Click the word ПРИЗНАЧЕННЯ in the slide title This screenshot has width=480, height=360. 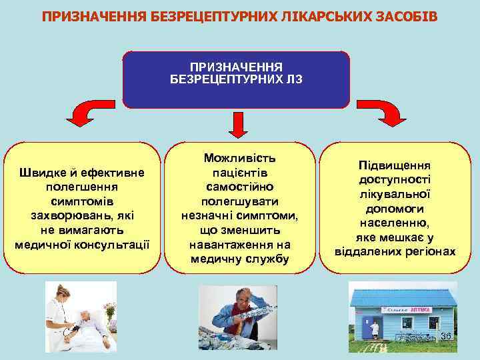[86, 15]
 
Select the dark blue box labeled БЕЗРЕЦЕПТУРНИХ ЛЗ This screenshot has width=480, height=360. [237, 79]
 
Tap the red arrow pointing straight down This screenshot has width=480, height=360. [238, 123]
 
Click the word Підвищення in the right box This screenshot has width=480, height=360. [395, 165]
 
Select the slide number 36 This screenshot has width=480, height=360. [445, 336]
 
